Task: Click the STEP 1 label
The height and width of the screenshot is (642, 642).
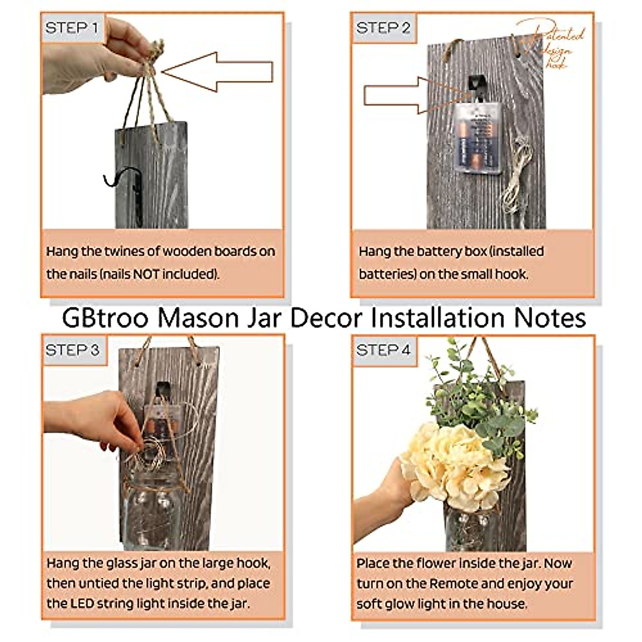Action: [x=72, y=28]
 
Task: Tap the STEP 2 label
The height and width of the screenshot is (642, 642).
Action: [x=383, y=28]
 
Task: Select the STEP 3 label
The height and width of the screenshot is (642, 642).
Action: [x=72, y=350]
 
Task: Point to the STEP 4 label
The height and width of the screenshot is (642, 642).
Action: [x=383, y=350]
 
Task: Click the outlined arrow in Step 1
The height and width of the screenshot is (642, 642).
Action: [x=219, y=71]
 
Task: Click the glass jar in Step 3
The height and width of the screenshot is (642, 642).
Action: [x=152, y=514]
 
